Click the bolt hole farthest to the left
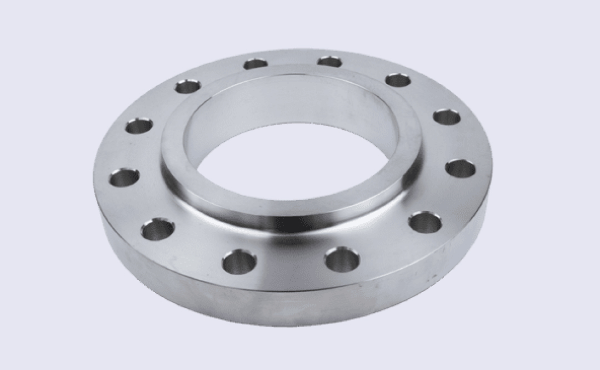click(124, 178)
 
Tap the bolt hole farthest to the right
click(461, 168)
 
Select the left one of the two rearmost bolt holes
click(255, 64)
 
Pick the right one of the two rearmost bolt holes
click(329, 61)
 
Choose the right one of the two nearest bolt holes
click(342, 259)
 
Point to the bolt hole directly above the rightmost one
click(447, 117)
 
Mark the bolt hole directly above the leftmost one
click(139, 126)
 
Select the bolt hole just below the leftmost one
click(158, 229)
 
